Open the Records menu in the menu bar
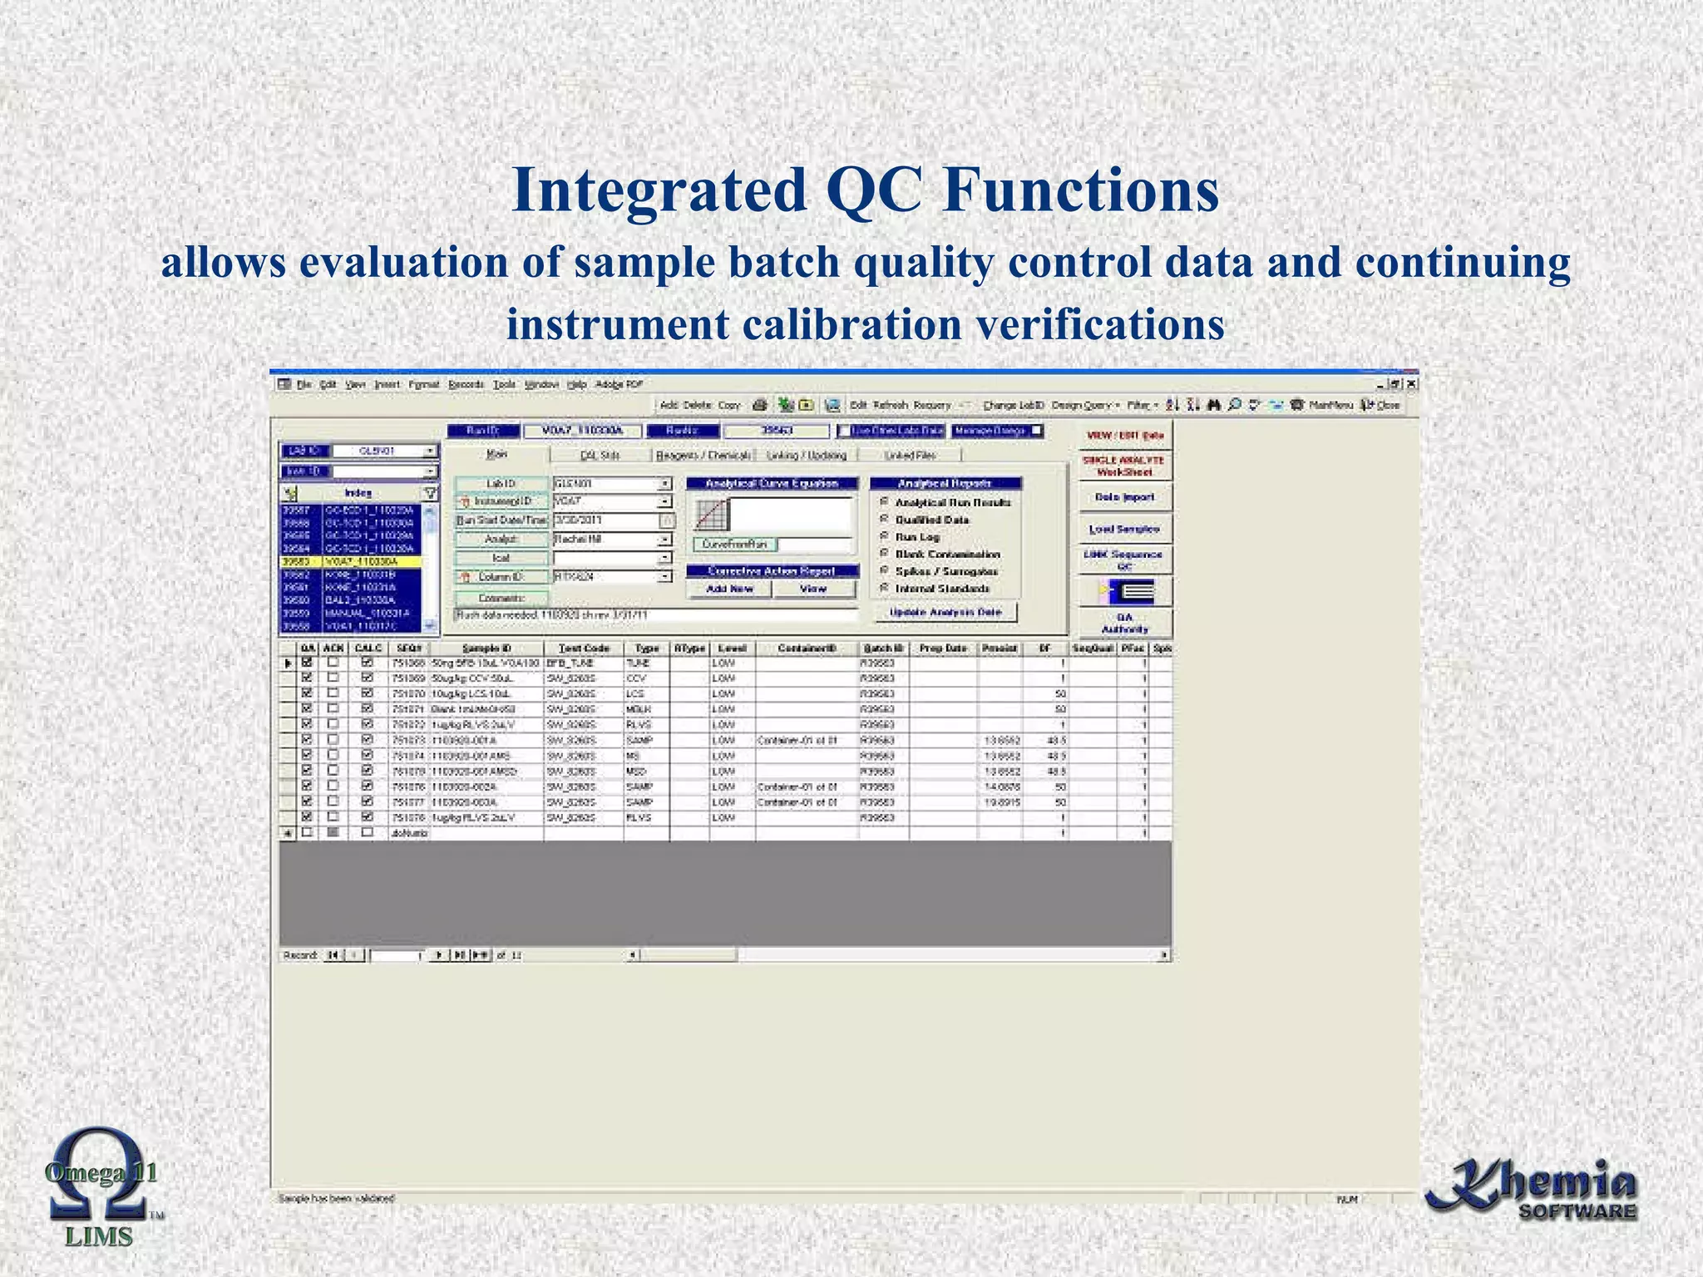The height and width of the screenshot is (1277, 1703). [466, 384]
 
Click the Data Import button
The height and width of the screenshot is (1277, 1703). [1124, 497]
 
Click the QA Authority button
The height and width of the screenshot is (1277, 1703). [1124, 623]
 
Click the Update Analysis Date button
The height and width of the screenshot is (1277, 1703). [946, 612]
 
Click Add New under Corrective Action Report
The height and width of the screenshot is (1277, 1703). [729, 589]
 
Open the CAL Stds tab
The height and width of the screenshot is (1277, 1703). [600, 456]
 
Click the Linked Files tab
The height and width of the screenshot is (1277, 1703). [911, 456]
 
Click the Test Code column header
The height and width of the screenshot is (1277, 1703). [584, 648]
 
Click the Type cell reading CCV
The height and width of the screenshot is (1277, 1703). [637, 678]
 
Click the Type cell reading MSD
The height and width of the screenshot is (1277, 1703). [637, 772]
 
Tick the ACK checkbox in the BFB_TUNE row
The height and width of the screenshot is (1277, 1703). [333, 663]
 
